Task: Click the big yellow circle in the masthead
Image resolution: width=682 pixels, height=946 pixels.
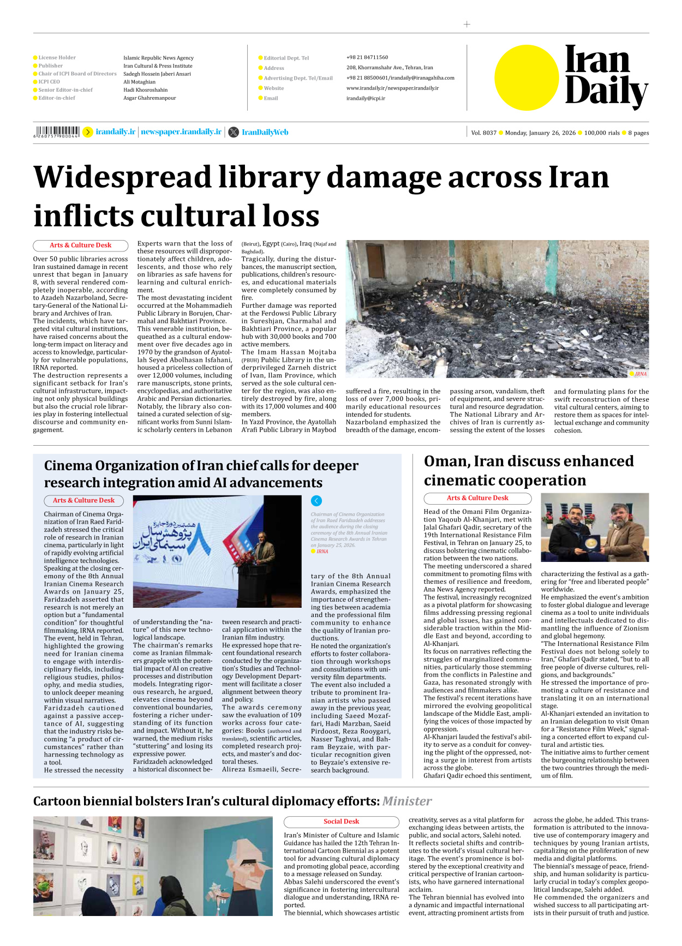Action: (x=527, y=77)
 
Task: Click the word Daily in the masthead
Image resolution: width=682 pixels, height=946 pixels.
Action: (x=606, y=91)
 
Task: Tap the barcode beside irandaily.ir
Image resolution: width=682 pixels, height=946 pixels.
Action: (x=57, y=132)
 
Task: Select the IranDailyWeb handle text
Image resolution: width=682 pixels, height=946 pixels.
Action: (x=265, y=132)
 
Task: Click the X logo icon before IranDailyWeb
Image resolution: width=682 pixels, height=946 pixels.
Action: (x=234, y=132)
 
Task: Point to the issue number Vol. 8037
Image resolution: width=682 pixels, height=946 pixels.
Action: (x=483, y=133)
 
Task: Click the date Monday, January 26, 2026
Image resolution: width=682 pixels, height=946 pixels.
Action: (x=540, y=133)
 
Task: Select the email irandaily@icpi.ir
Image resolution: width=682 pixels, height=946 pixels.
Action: (x=366, y=98)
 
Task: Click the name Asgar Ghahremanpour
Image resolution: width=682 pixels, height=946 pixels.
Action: (x=149, y=98)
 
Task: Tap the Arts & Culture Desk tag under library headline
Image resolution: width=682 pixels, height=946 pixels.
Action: (x=80, y=246)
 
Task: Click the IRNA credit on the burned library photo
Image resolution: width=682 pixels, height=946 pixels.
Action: (x=641, y=374)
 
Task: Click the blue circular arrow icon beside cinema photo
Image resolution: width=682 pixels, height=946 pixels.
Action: (x=316, y=500)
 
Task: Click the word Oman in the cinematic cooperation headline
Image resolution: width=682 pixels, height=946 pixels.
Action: (x=446, y=462)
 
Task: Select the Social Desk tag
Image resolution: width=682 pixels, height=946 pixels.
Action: (x=341, y=821)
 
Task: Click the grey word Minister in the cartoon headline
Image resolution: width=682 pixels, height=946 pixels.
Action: (x=406, y=801)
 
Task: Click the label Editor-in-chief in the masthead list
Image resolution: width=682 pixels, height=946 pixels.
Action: (x=57, y=98)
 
